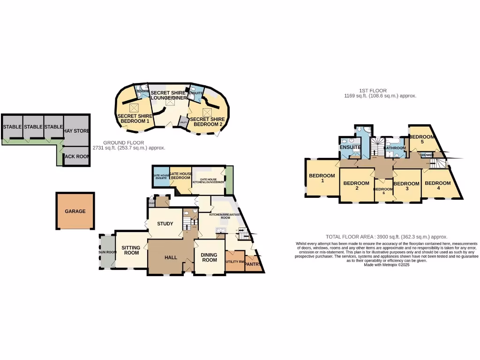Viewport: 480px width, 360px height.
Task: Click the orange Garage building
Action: (x=75, y=211)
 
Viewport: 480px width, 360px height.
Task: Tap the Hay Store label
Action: (x=76, y=131)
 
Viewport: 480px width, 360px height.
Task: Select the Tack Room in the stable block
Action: (x=76, y=157)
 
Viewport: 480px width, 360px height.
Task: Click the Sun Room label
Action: (x=107, y=252)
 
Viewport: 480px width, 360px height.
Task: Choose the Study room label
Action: (x=165, y=224)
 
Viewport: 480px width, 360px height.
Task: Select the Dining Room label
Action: (x=209, y=257)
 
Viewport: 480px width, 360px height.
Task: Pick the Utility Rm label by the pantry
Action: (x=235, y=262)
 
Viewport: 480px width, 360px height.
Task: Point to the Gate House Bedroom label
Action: (x=180, y=176)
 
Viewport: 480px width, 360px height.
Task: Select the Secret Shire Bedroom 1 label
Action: (x=133, y=119)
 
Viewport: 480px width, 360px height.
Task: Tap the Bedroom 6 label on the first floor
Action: (x=382, y=191)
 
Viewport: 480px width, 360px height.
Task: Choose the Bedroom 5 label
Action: (x=422, y=139)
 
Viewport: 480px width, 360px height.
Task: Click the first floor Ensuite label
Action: (x=350, y=147)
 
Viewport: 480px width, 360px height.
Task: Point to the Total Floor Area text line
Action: (x=386, y=237)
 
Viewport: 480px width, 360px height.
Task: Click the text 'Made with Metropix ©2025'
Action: (x=386, y=265)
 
